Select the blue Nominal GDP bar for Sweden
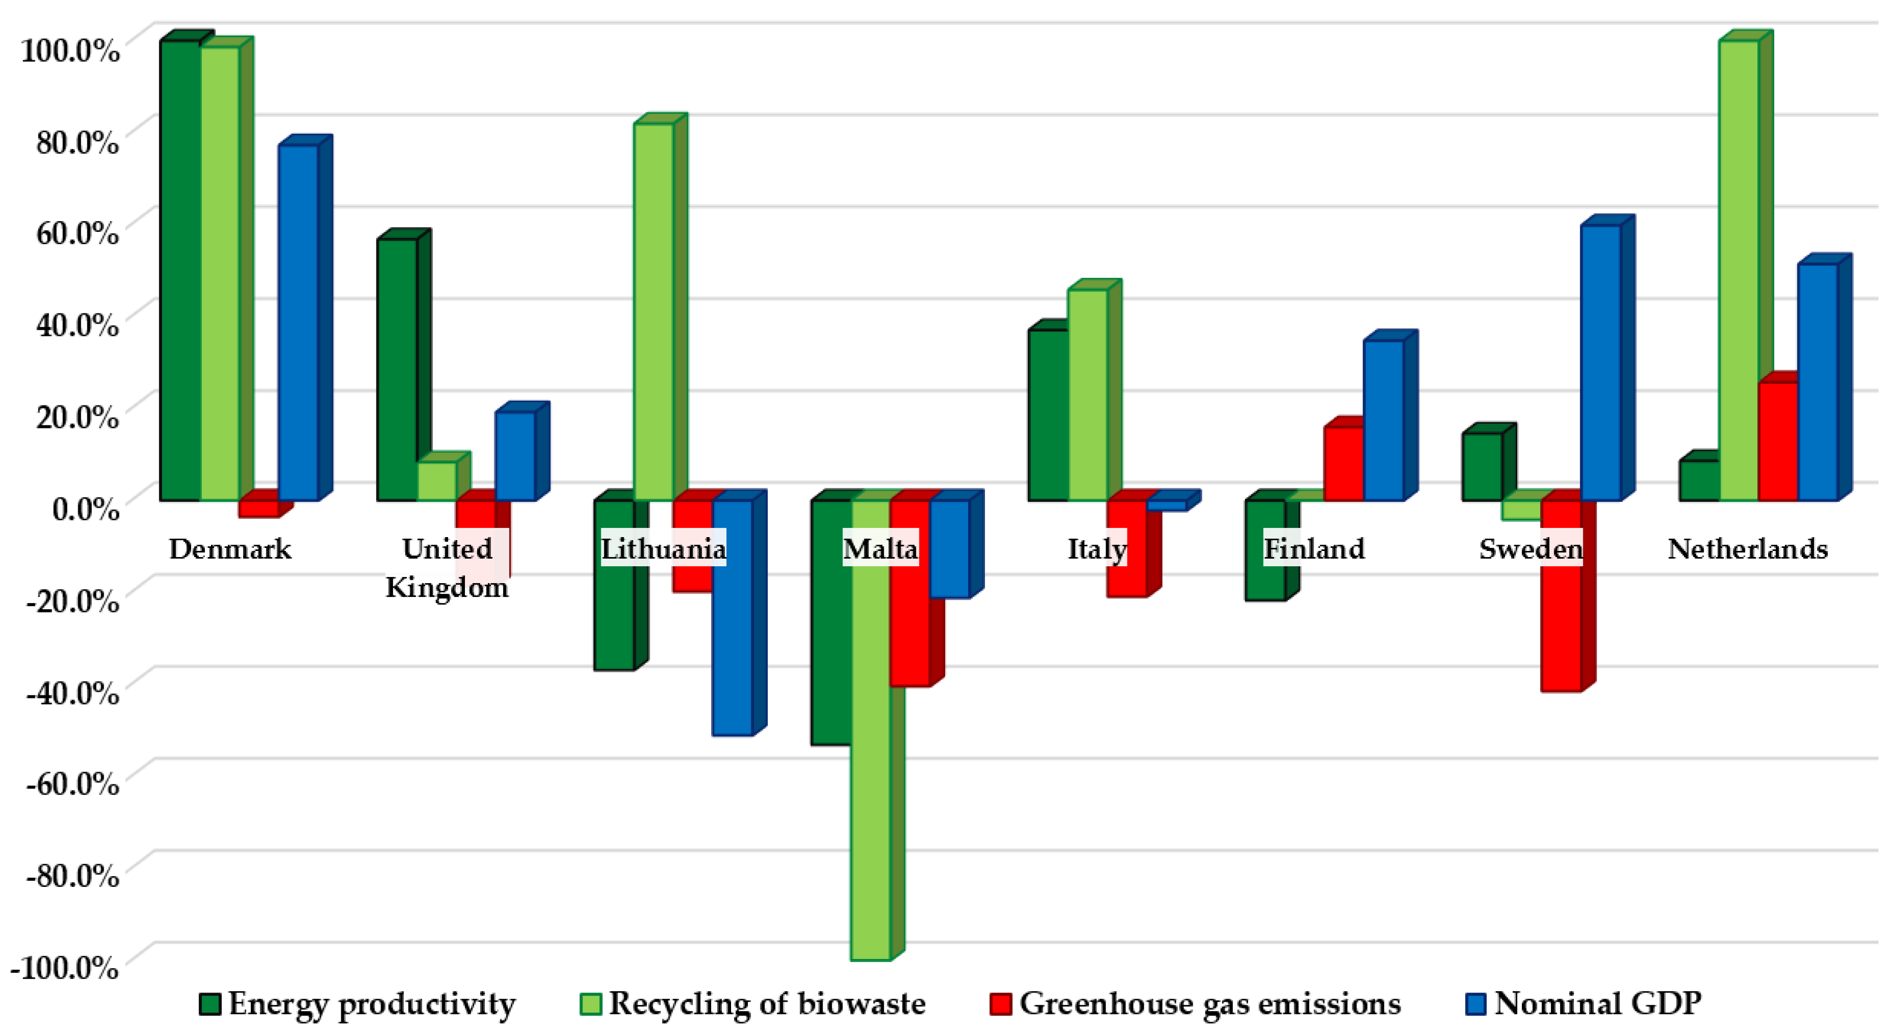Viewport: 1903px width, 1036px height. pyautogui.click(x=1600, y=362)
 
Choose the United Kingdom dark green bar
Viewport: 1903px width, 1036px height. pyautogui.click(x=397, y=369)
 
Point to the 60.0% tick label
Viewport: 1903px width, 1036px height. pyautogui.click(x=76, y=233)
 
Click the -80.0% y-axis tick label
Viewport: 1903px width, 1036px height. pyautogui.click(x=72, y=875)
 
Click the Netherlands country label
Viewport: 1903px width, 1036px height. pyautogui.click(x=1748, y=549)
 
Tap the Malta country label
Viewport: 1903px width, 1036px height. pyautogui.click(x=881, y=549)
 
